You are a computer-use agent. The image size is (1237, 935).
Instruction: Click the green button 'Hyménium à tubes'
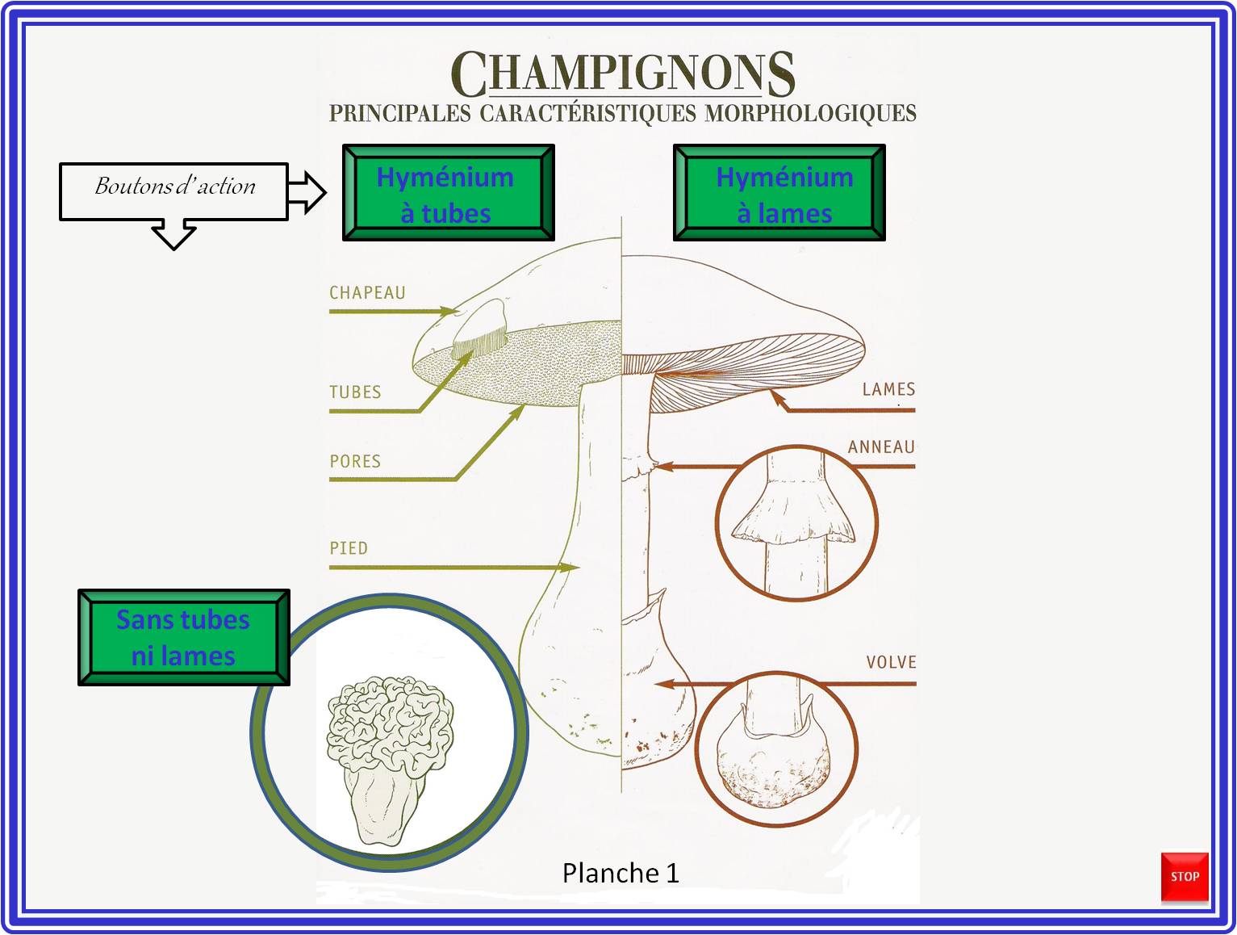click(448, 192)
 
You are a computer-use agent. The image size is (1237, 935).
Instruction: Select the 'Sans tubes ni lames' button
click(184, 637)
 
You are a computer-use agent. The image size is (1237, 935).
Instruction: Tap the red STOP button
click(1185, 876)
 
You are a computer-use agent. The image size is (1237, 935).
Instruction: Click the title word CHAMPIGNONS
click(622, 73)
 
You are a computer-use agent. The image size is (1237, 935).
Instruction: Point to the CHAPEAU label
click(367, 292)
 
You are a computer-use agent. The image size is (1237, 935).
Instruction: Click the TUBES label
click(355, 392)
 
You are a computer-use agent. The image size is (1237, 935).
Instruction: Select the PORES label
click(355, 461)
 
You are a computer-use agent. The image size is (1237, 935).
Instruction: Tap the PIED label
click(349, 548)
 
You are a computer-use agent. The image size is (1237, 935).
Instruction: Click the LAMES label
click(888, 389)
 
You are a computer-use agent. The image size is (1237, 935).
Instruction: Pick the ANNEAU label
click(881, 447)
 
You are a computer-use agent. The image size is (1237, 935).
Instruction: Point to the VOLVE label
click(891, 662)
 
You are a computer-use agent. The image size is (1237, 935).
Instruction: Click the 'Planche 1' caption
click(621, 873)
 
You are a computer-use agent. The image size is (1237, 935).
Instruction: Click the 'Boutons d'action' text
click(175, 186)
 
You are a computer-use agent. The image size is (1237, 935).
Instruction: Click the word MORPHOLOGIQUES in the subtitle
click(810, 113)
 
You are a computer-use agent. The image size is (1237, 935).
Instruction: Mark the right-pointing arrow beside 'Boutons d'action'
click(307, 192)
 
